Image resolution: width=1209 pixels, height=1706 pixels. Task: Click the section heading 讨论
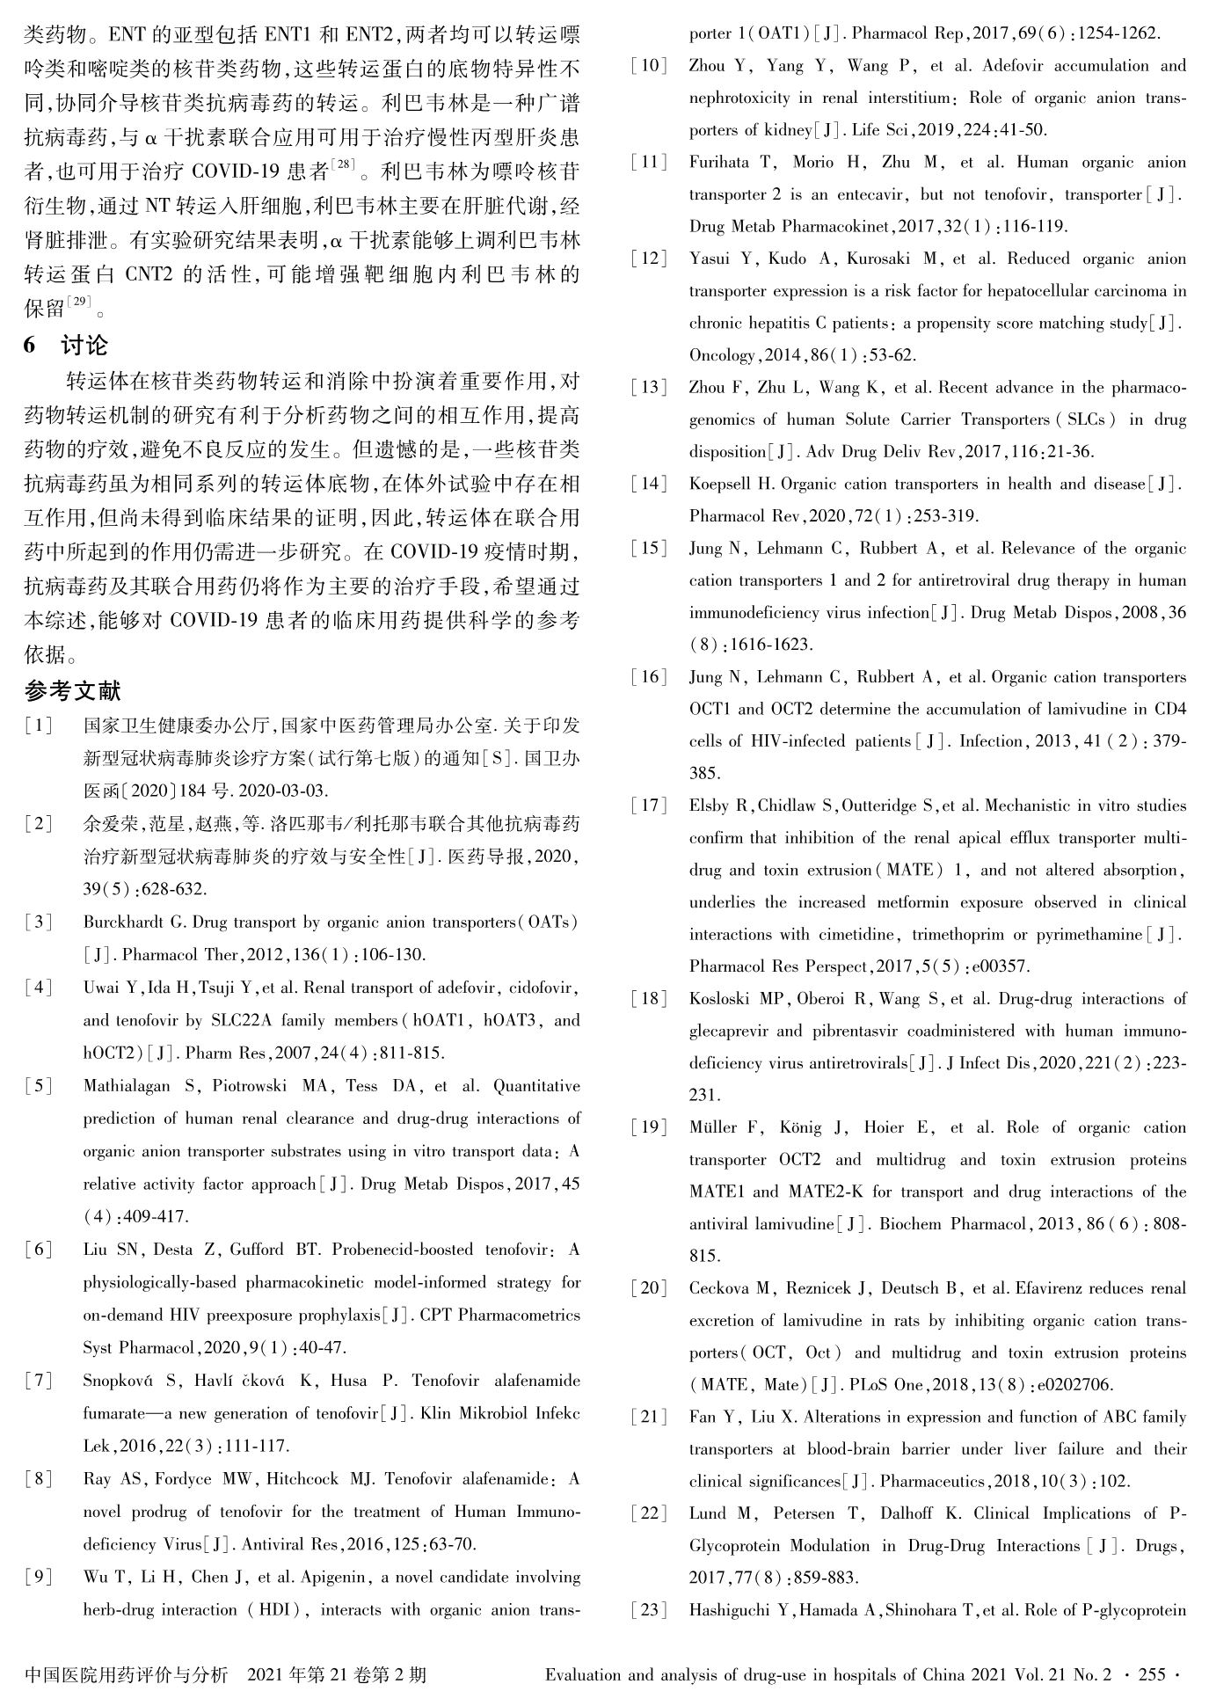(84, 345)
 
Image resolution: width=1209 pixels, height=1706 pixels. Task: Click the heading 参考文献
(72, 691)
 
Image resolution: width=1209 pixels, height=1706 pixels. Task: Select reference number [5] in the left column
(39, 1086)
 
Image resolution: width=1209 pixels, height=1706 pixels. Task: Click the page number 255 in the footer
(1152, 1674)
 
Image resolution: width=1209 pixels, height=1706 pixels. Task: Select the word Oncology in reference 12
(720, 355)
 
